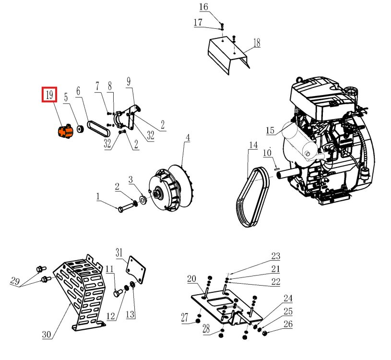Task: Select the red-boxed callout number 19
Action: click(49, 95)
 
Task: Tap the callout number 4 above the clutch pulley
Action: click(188, 138)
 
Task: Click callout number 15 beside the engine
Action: click(270, 131)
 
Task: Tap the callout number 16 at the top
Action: click(203, 7)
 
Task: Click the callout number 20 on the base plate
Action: click(191, 279)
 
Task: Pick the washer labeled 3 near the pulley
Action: click(143, 199)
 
